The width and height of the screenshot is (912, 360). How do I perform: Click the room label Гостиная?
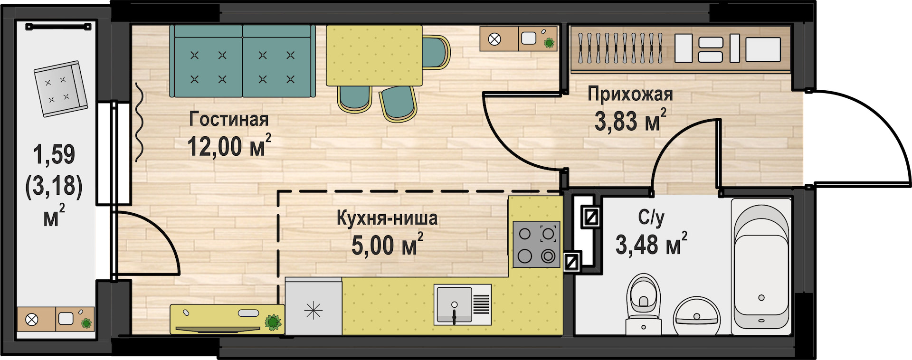(229, 119)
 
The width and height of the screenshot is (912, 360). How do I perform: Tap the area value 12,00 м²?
(229, 146)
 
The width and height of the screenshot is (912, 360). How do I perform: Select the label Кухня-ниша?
(387, 218)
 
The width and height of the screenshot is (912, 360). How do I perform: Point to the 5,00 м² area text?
(387, 245)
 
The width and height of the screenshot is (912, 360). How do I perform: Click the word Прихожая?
(630, 94)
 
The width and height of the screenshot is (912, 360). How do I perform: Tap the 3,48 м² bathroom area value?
(651, 244)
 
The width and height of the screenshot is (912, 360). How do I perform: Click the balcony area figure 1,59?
(54, 154)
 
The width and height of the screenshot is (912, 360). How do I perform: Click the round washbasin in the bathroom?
(697, 316)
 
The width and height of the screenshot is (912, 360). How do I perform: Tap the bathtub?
(761, 264)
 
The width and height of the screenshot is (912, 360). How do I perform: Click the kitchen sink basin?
(454, 304)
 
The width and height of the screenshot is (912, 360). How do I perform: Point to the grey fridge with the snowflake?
(313, 307)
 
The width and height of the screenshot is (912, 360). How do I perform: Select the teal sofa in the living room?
(243, 61)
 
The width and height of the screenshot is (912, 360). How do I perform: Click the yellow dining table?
(374, 56)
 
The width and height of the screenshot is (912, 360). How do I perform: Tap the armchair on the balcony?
(61, 88)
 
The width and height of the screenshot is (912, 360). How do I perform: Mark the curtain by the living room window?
(139, 122)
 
